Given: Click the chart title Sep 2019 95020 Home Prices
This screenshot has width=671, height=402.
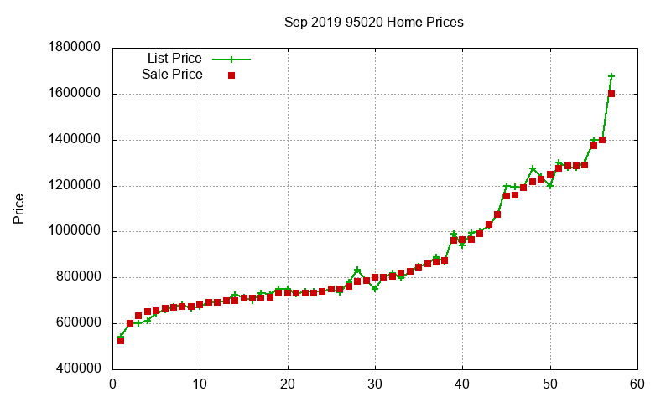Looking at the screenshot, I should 373,22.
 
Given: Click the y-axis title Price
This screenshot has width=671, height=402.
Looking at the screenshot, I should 18,208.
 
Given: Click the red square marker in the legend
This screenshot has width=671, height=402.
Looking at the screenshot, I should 231,75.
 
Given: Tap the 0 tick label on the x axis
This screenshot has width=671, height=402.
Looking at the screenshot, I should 113,385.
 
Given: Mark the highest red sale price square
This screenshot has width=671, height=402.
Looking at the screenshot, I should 611,94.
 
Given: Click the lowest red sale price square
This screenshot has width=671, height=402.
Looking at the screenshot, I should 121,341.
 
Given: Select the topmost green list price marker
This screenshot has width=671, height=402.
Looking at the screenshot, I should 611,76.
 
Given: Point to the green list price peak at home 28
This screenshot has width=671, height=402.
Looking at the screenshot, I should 357,271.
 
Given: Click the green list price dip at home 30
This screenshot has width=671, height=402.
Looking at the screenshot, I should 375,288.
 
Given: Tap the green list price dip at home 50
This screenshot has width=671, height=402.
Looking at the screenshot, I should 550,185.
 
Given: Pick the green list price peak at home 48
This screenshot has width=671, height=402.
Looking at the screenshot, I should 533,169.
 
